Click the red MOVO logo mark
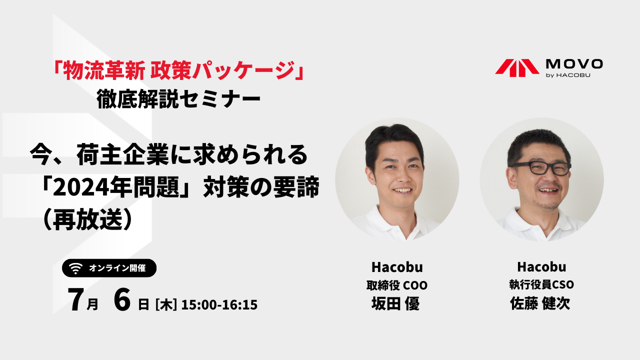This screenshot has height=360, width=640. point(517,68)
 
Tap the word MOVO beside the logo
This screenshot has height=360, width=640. point(574,64)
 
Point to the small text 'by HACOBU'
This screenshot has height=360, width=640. point(568,75)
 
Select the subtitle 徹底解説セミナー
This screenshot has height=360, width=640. point(178,99)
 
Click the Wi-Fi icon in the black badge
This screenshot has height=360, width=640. point(75,268)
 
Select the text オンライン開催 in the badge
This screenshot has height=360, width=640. point(117,268)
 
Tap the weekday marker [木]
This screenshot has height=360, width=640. point(165,304)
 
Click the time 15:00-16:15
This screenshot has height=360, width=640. point(219,304)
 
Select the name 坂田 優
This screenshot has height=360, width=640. point(395,303)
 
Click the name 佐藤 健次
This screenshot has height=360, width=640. point(540,303)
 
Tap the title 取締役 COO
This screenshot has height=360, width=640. point(397,285)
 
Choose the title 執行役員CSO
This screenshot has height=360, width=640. point(541,284)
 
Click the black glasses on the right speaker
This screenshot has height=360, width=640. point(540,167)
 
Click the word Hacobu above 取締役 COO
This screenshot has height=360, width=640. point(397,267)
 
